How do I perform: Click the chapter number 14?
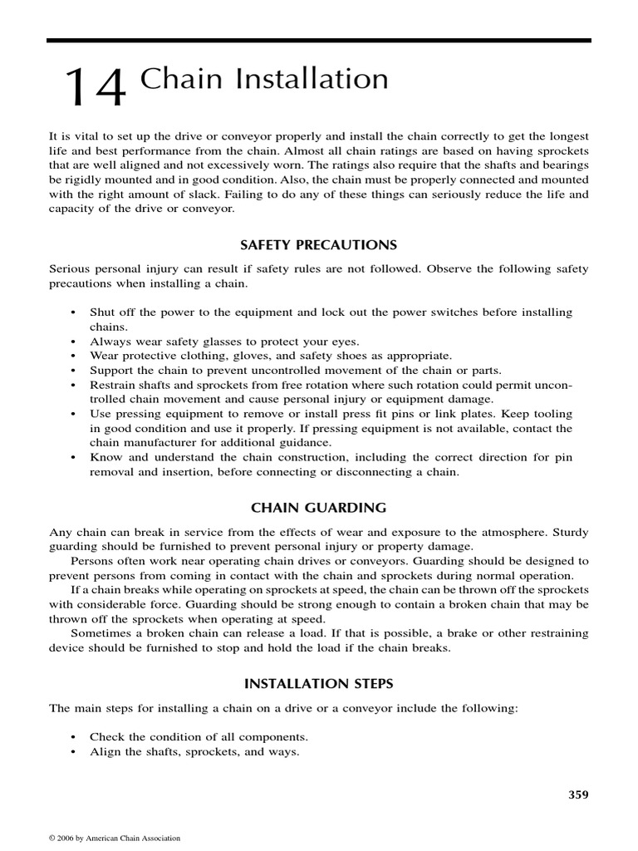click(x=96, y=87)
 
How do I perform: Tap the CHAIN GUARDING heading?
click(x=319, y=507)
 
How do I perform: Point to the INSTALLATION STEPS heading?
click(x=319, y=683)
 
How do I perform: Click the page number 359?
click(x=578, y=794)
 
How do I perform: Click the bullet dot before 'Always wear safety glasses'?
click(x=74, y=342)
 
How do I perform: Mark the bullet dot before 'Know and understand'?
click(x=74, y=458)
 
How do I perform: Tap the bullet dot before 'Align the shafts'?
click(x=74, y=752)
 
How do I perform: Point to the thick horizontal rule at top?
click(x=319, y=40)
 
